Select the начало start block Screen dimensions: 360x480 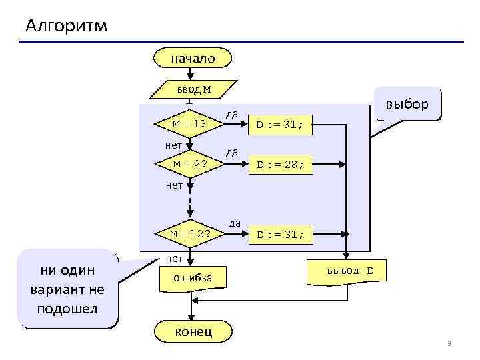192,59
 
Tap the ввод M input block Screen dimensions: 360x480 193,89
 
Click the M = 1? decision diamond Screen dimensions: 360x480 189,124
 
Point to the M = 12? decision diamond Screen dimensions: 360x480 189,233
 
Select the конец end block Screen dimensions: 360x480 193,331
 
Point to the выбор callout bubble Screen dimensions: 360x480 407,104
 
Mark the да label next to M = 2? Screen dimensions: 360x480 232,153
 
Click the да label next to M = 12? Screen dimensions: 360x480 235,223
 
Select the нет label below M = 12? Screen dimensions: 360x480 174,257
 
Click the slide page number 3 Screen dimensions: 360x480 449,343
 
